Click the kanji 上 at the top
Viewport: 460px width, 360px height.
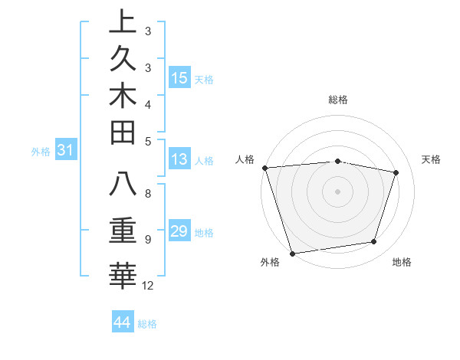pos(123,22)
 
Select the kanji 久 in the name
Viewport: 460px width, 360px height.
pos(123,59)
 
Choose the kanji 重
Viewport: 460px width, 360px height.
pos(123,231)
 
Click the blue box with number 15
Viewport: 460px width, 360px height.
pos(179,78)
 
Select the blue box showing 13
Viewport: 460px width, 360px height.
pos(179,159)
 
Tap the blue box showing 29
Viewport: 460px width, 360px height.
pos(179,231)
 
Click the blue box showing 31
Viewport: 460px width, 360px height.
pos(66,151)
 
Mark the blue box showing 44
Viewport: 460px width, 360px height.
pos(122,322)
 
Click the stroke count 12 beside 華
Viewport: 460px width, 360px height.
pos(148,286)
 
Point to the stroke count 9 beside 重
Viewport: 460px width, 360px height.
pos(147,240)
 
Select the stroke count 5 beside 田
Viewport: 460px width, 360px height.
pos(147,141)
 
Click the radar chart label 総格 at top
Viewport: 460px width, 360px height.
pos(337,100)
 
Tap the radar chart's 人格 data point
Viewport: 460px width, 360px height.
pos(264,168)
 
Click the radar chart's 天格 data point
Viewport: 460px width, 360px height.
pos(396,173)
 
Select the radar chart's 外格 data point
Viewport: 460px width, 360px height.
pos(292,253)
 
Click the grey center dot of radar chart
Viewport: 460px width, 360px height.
pos(337,191)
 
